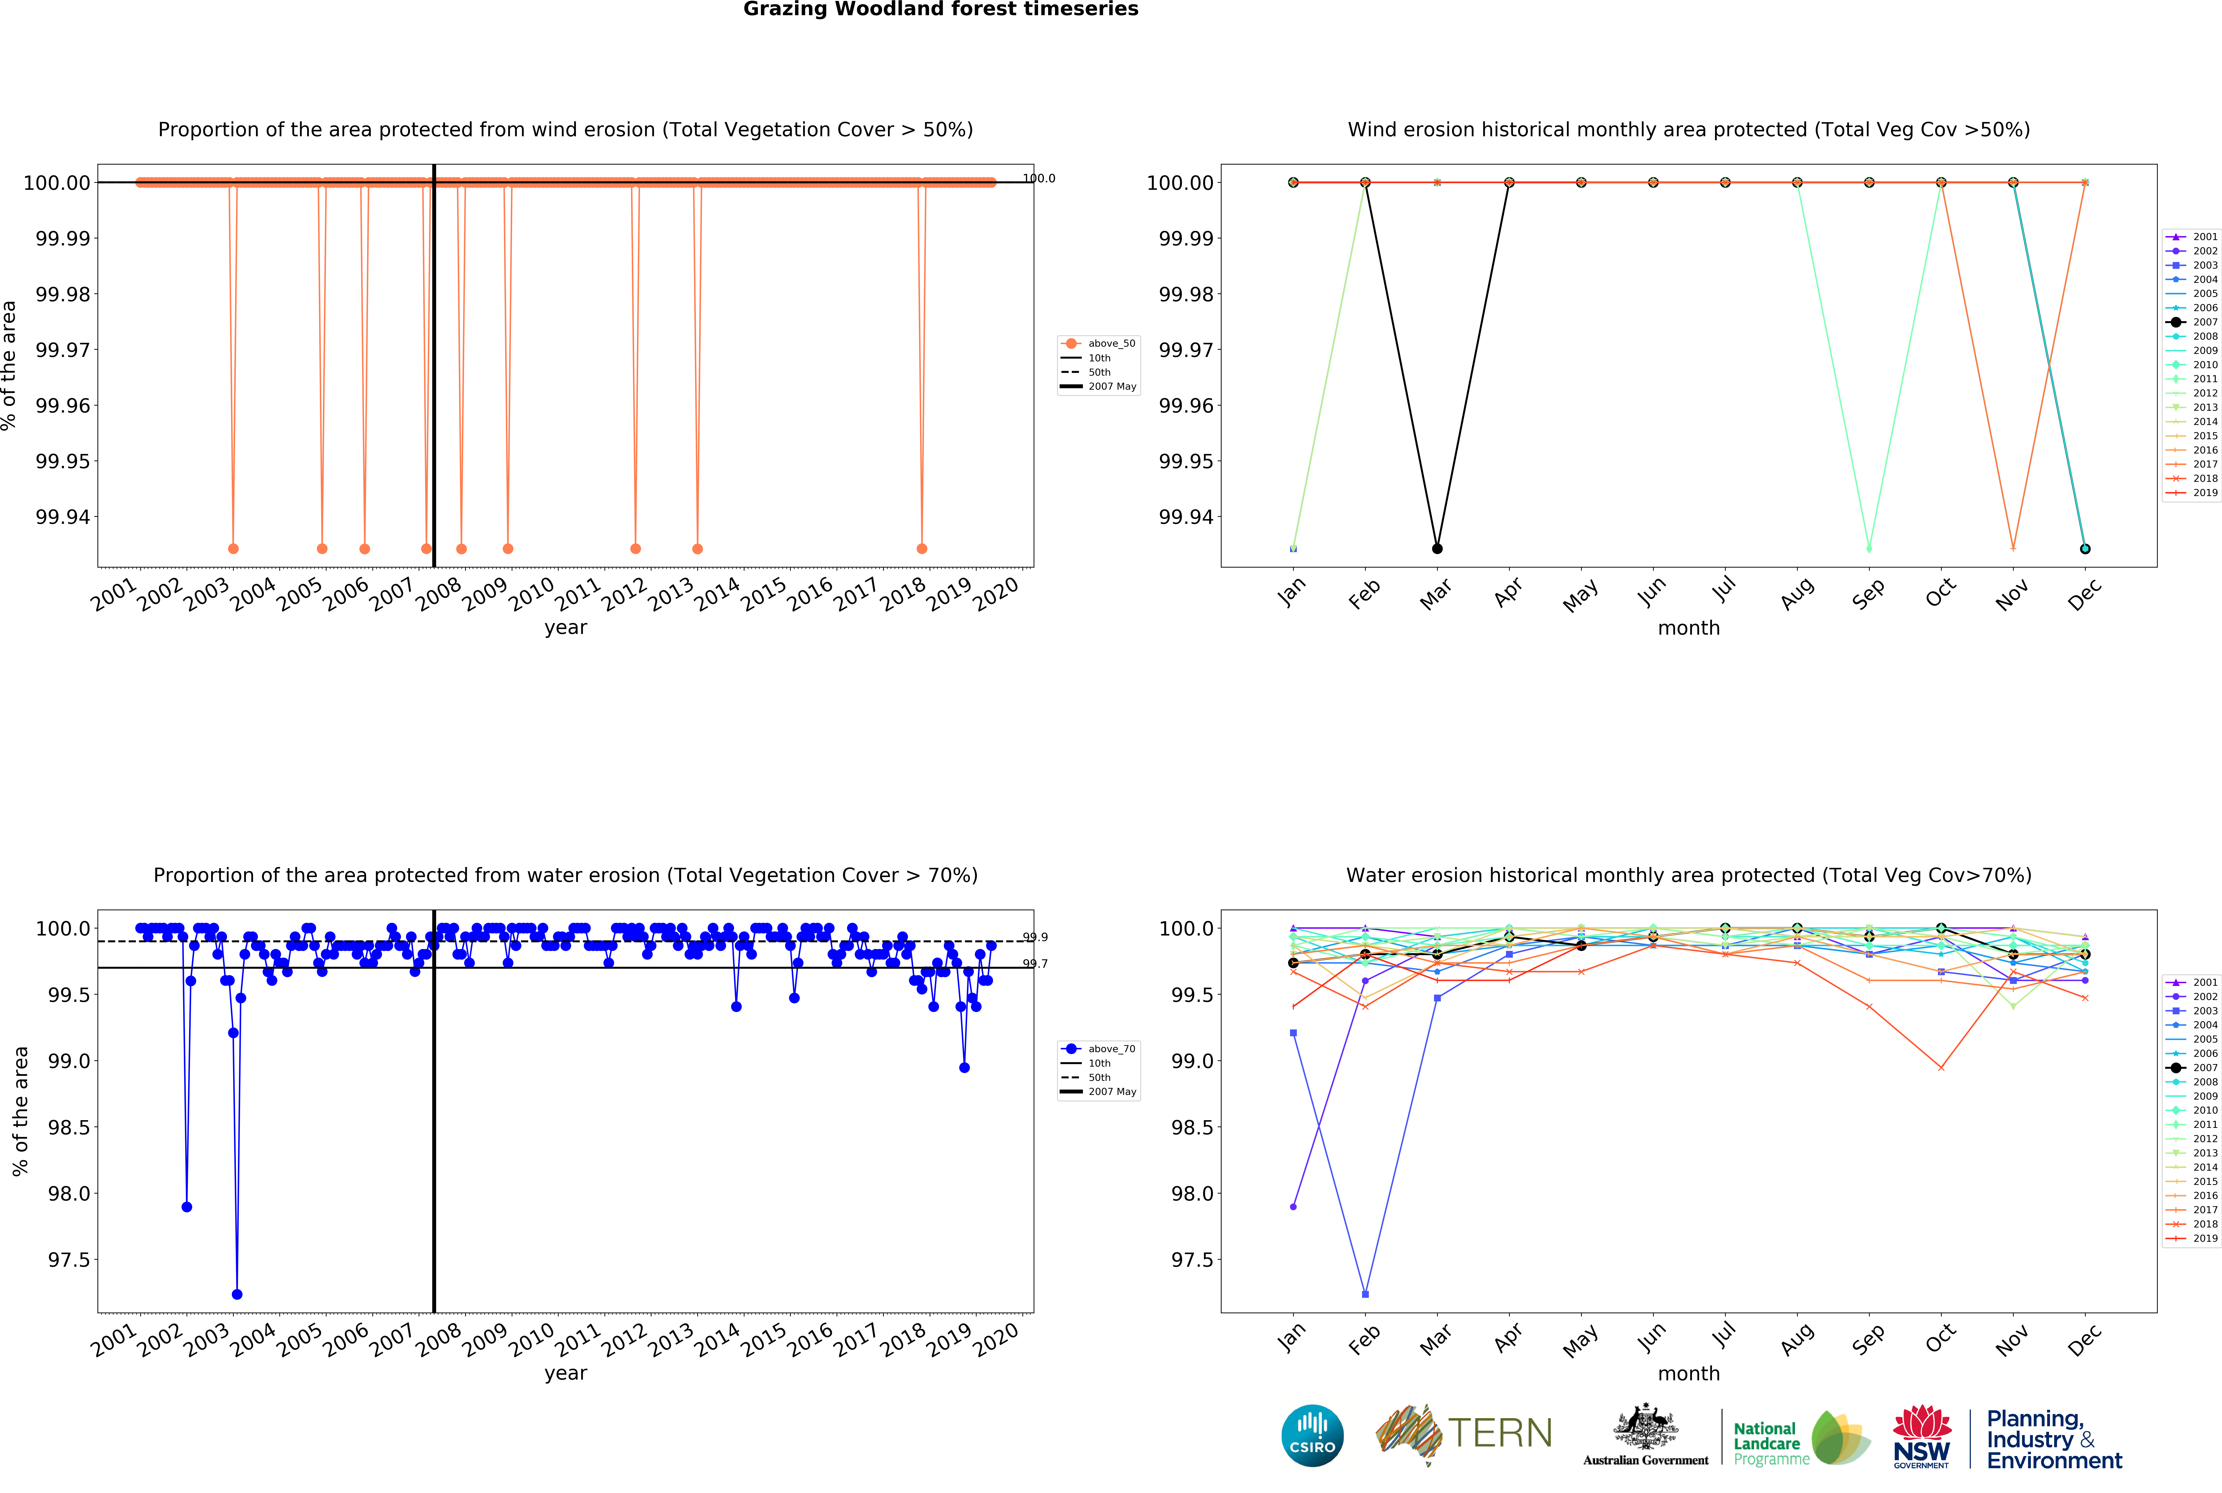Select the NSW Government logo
(x=1921, y=1436)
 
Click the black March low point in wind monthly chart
(x=1437, y=548)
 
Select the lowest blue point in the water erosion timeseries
(x=237, y=1294)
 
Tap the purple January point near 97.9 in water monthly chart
(x=1293, y=1206)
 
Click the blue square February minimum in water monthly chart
(x=1365, y=1294)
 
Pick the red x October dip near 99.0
(x=1940, y=1067)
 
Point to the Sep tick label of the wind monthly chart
(x=1868, y=593)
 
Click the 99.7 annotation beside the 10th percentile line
(x=1035, y=964)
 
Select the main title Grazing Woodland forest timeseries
(x=941, y=10)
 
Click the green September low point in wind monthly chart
(x=1869, y=548)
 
